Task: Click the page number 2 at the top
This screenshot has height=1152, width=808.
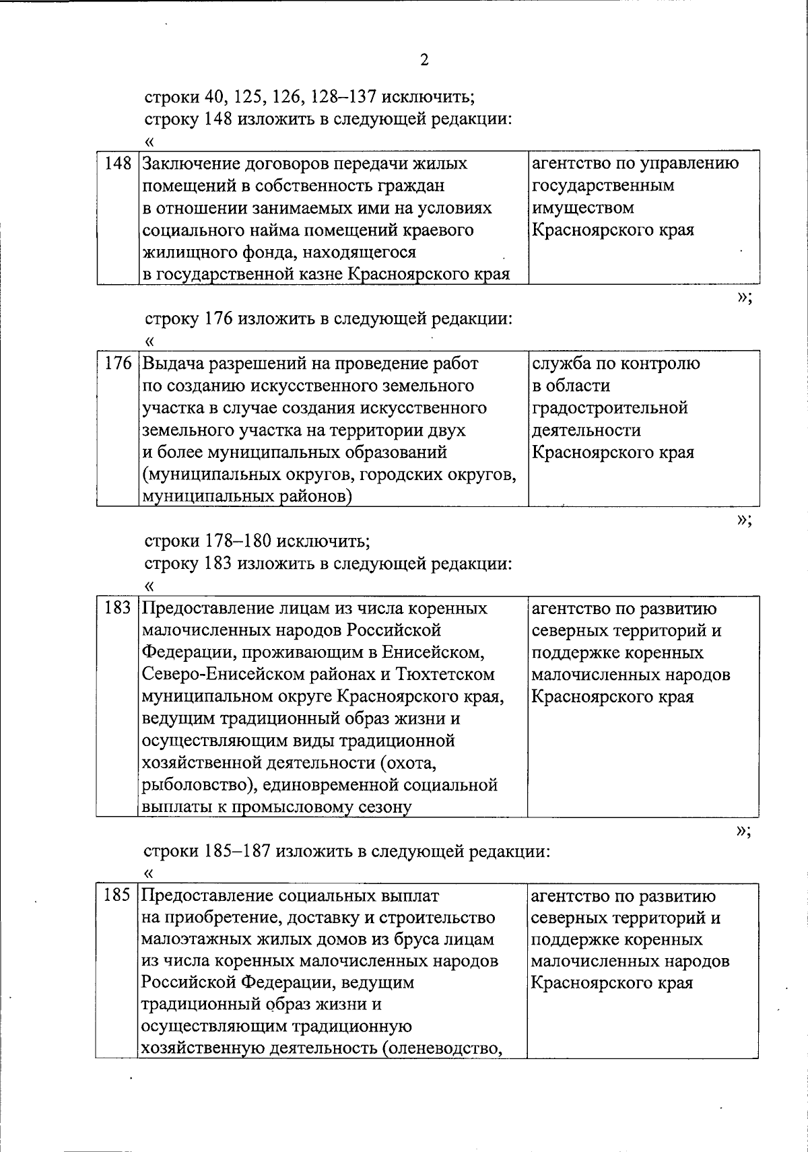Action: (x=424, y=61)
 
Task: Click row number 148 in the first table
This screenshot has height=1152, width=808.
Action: (x=118, y=164)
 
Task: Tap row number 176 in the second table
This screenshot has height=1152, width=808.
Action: (x=118, y=364)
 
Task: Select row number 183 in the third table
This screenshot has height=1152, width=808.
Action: (x=118, y=609)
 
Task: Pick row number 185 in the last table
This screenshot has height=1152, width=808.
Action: (x=116, y=896)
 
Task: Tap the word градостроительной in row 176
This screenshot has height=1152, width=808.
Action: (x=610, y=408)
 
